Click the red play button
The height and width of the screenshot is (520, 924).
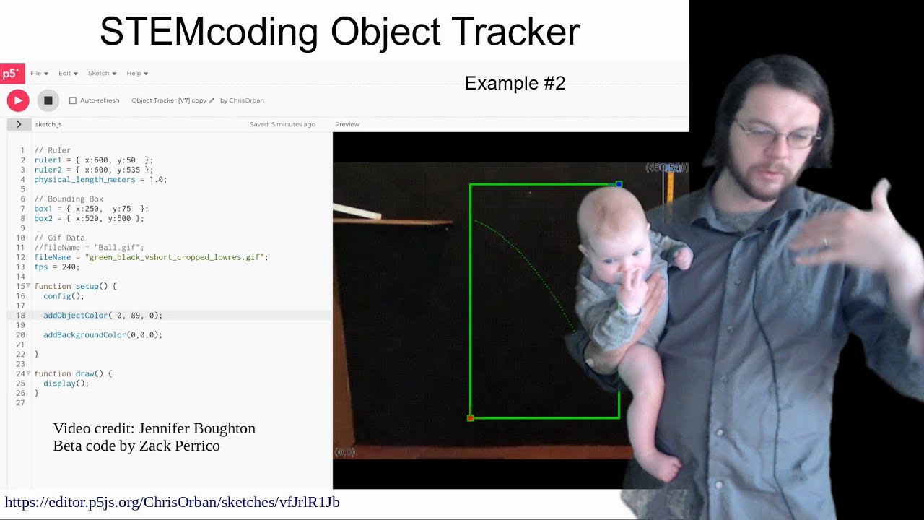coord(18,100)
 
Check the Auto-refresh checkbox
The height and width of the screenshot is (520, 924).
coord(72,100)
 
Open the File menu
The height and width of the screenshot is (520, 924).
coord(39,73)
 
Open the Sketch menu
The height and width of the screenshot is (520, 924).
coord(102,73)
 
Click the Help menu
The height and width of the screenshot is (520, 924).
coord(137,73)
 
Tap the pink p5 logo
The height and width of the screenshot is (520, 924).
coord(11,73)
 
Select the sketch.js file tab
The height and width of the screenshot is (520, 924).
coord(48,124)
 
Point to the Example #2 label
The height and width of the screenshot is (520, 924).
coord(515,84)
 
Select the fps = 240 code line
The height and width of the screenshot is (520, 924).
coord(56,266)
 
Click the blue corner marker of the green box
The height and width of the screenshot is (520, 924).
coord(619,185)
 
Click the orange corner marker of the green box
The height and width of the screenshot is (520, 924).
coord(471,417)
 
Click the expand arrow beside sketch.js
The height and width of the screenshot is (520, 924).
coord(19,124)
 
